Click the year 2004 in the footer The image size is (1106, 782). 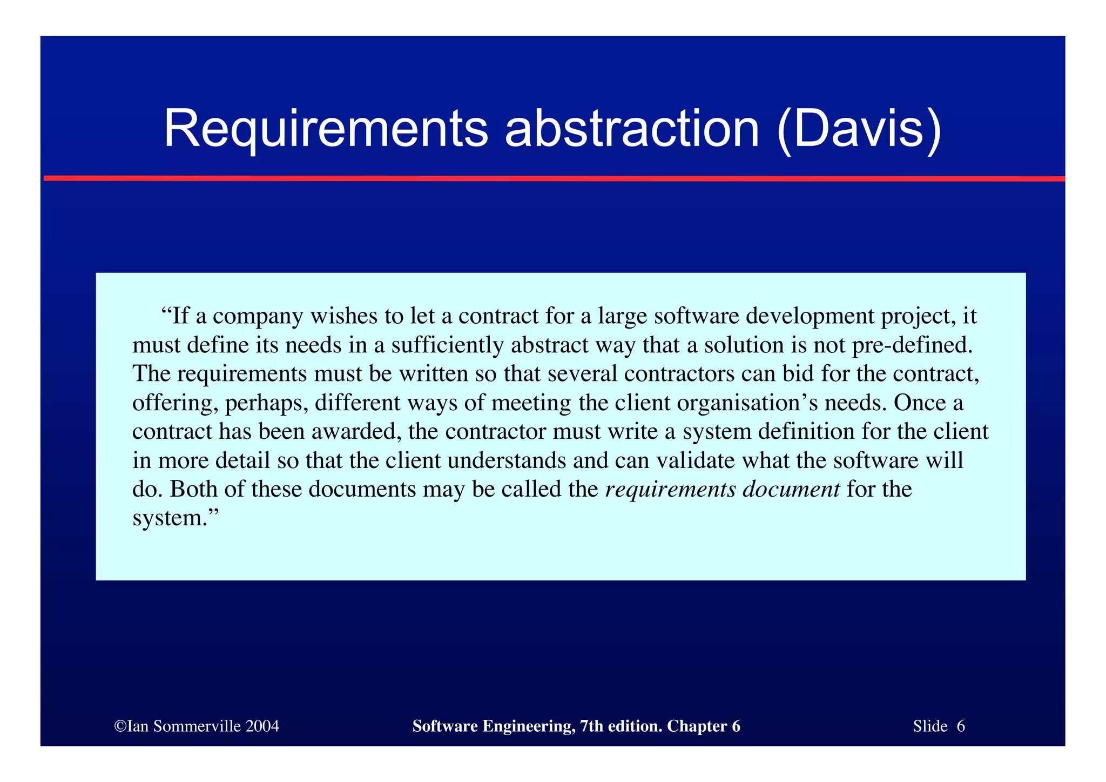[x=262, y=726]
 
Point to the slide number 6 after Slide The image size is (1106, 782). [x=961, y=726]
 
